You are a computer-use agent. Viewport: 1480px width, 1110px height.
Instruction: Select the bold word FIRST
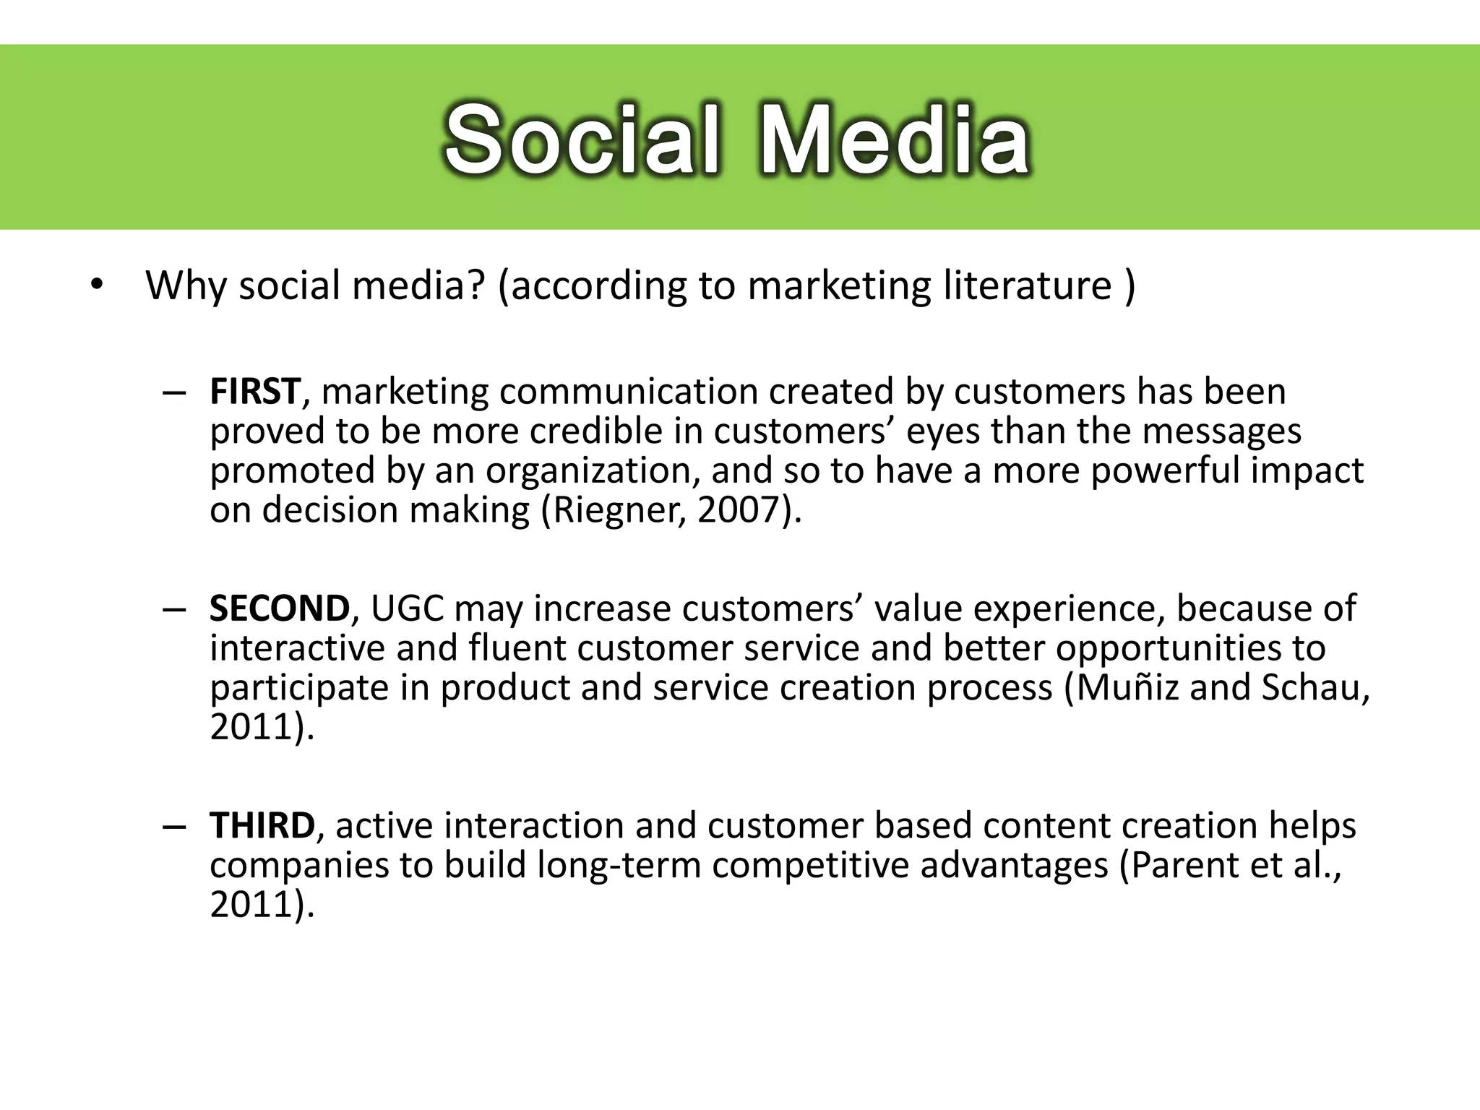(254, 392)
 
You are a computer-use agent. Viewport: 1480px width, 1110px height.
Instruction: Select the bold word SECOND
(279, 608)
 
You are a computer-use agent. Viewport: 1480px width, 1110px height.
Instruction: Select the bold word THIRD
(262, 825)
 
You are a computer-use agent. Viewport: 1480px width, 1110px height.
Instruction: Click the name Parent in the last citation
(1184, 865)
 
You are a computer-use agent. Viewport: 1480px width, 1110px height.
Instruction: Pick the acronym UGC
(407, 608)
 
